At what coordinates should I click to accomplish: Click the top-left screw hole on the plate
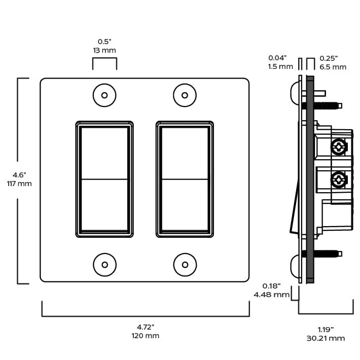point(104,95)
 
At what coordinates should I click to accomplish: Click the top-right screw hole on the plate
point(185,95)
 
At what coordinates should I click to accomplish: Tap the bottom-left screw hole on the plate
point(104,264)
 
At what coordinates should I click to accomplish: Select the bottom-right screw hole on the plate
point(185,264)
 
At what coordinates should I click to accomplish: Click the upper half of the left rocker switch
point(104,153)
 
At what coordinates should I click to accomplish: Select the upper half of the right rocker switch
point(185,153)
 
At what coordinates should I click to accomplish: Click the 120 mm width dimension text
point(146,336)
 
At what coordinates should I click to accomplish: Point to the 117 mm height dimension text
point(19,184)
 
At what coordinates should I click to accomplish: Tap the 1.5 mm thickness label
point(280,66)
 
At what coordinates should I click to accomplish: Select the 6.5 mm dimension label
point(333,66)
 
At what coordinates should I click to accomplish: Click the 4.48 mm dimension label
point(272,295)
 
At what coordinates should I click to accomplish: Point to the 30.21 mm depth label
point(326,338)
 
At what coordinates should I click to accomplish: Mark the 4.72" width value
point(146,327)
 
